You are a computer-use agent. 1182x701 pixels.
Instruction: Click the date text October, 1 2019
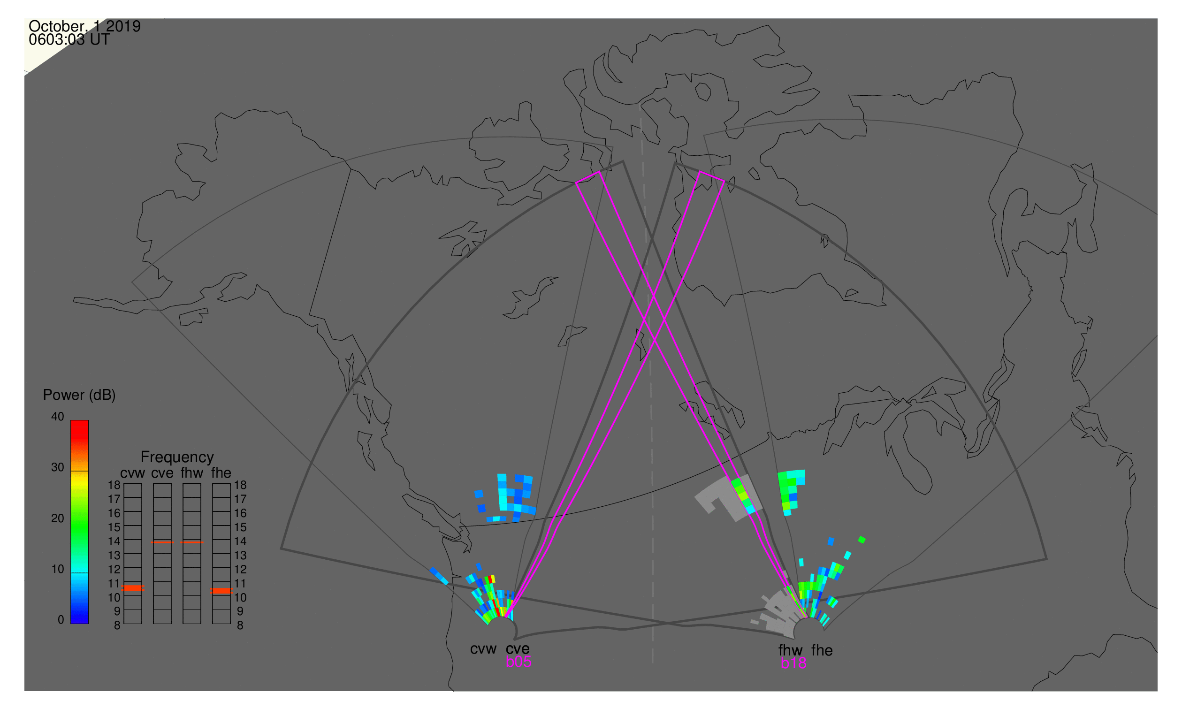click(x=84, y=26)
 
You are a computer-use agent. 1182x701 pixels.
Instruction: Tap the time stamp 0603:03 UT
click(x=69, y=40)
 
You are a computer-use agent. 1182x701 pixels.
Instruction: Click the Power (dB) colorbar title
click(x=79, y=396)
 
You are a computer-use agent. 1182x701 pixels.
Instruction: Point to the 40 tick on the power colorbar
click(x=58, y=417)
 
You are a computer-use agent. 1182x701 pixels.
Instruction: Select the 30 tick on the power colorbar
click(x=58, y=468)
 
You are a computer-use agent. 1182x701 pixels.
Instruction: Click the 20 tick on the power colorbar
click(x=58, y=518)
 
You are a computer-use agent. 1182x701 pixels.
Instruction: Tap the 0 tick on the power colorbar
click(x=61, y=620)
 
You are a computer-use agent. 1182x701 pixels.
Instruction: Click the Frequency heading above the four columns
click(x=177, y=457)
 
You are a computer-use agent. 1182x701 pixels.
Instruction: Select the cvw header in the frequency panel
click(x=133, y=473)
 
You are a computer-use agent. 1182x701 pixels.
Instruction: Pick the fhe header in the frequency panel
click(x=221, y=473)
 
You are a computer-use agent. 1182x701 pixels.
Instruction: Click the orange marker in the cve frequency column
click(x=162, y=543)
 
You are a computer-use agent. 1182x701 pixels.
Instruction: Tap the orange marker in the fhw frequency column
click(x=192, y=543)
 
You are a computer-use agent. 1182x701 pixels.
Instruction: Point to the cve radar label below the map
click(x=518, y=649)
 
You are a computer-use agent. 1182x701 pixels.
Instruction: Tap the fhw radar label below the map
click(x=791, y=650)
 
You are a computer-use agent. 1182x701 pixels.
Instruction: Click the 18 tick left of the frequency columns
click(x=114, y=485)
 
